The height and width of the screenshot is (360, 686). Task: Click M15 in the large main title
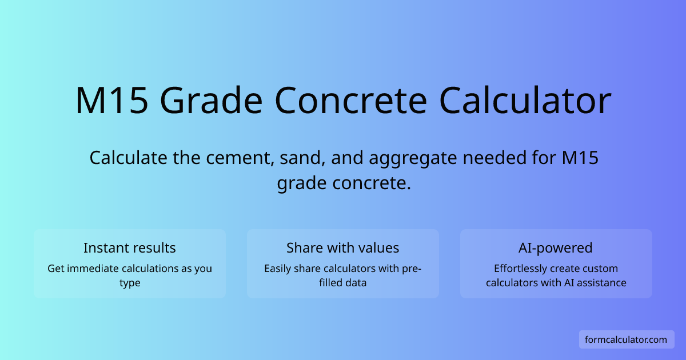pyautogui.click(x=112, y=101)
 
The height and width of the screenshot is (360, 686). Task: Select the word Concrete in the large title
pyautogui.click(x=351, y=101)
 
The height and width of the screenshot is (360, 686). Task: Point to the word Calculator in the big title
pyautogui.click(x=525, y=101)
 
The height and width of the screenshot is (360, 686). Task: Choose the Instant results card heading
pyautogui.click(x=130, y=247)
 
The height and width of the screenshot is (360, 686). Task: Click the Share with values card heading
pyautogui.click(x=343, y=247)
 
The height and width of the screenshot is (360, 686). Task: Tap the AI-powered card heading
pyautogui.click(x=556, y=247)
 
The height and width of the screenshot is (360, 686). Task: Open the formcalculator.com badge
pyautogui.click(x=626, y=339)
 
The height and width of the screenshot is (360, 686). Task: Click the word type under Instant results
pyautogui.click(x=130, y=283)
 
